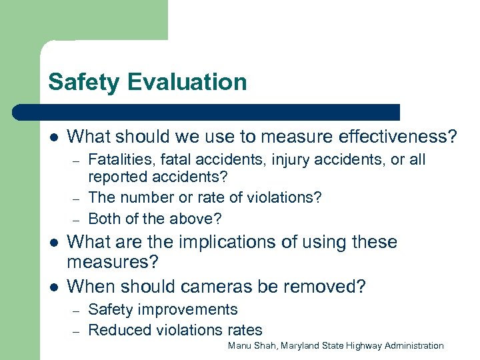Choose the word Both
coord(103,218)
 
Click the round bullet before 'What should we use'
coord(53,137)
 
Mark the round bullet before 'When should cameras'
coord(53,287)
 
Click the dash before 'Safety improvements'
coord(77,311)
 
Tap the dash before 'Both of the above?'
coord(77,219)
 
